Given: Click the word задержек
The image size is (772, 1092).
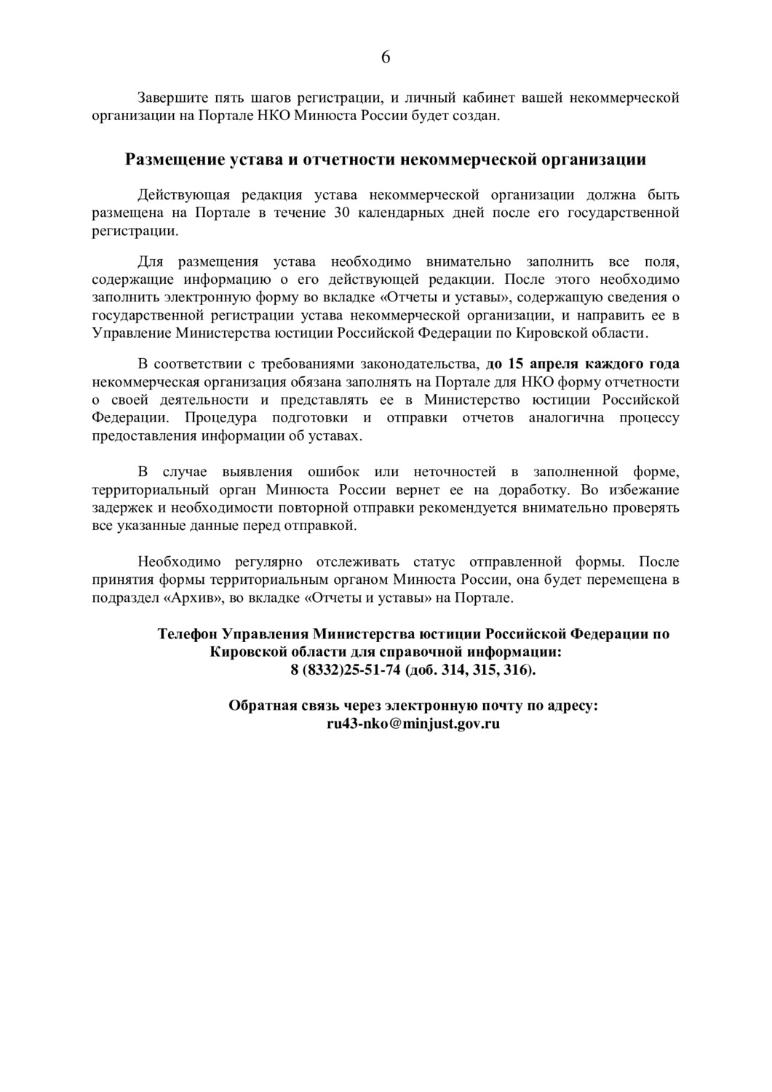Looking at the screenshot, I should coord(119,507).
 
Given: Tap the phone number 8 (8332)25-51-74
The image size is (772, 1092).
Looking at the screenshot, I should coord(346,670).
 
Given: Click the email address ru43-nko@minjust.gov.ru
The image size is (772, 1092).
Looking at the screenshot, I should coord(413,724).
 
